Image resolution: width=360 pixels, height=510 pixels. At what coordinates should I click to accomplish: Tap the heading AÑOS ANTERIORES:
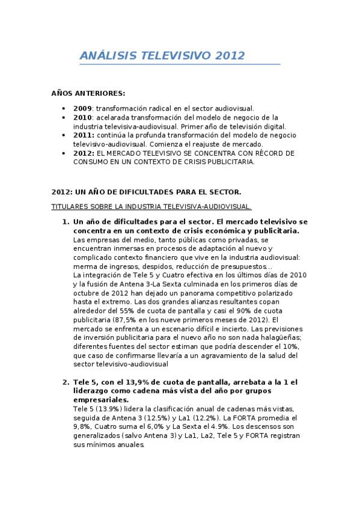88,93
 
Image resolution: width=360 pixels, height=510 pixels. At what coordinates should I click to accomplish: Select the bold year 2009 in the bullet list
82,108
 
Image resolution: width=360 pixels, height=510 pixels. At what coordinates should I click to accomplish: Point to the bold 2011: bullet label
84,135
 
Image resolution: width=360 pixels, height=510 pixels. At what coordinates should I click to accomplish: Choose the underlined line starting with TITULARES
151,206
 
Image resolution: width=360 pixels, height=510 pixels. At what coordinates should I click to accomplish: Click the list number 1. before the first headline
66,222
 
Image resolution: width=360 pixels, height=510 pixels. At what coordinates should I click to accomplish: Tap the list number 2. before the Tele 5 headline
66,382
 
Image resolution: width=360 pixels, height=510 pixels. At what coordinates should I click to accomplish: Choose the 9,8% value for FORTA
81,427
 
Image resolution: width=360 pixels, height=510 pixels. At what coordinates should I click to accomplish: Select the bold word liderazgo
93,391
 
